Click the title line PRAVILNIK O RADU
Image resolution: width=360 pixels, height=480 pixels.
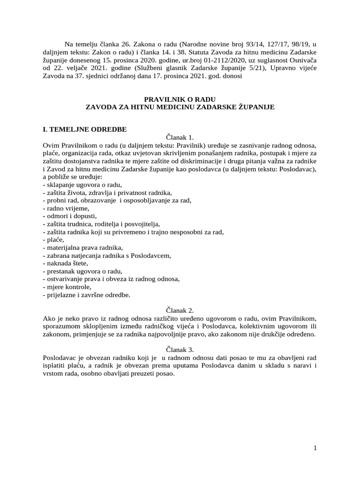coord(180,99)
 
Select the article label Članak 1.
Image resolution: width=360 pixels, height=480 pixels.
coord(180,137)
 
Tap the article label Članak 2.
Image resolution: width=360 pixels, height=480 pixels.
coord(180,310)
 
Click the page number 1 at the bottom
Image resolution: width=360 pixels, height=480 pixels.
coord(315,448)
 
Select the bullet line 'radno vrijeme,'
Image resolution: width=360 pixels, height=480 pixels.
coord(65,208)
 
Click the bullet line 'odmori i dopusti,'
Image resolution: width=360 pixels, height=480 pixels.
coord(69,216)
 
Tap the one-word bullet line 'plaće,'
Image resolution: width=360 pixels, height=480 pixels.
coord(54,240)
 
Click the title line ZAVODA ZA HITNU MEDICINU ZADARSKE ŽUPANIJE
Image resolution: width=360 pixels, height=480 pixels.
coord(180,107)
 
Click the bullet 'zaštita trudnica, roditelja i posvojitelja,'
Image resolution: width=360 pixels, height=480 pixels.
coord(101,224)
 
